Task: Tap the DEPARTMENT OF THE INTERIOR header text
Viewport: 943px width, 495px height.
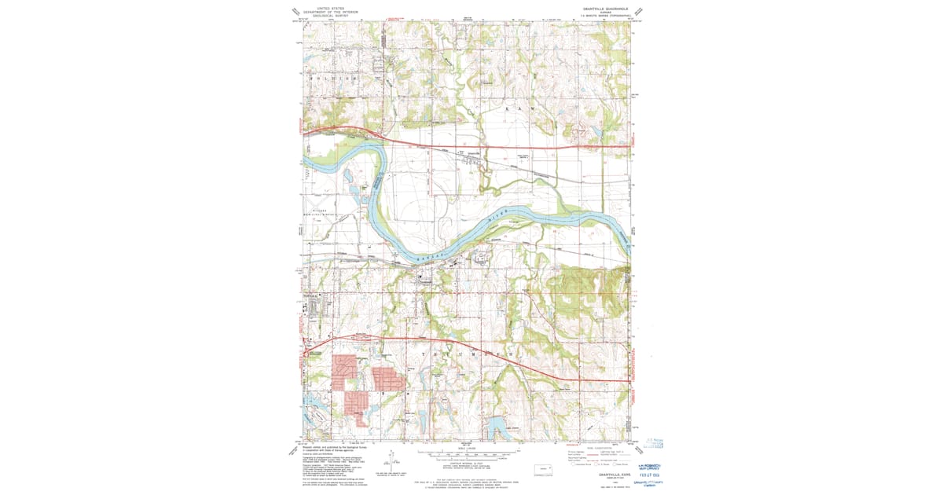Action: pos(331,12)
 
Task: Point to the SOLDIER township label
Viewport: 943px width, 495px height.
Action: pos(331,79)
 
